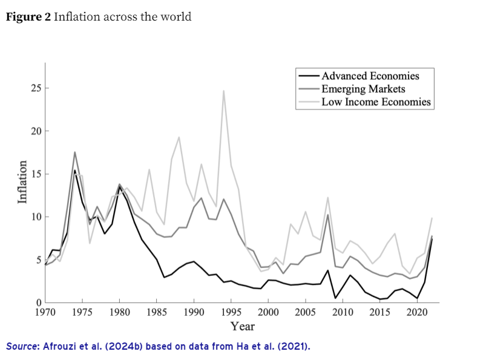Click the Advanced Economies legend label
click(x=370, y=76)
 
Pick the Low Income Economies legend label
click(x=376, y=102)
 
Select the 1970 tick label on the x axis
click(x=45, y=313)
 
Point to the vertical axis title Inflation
click(x=23, y=182)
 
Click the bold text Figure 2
click(x=28, y=17)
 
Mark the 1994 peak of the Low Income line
click(x=224, y=91)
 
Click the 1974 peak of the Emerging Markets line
click(x=74, y=152)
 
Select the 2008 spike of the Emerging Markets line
click(x=328, y=214)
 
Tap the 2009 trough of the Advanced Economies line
click(x=335, y=298)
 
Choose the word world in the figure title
click(x=177, y=17)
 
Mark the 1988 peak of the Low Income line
click(x=179, y=137)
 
